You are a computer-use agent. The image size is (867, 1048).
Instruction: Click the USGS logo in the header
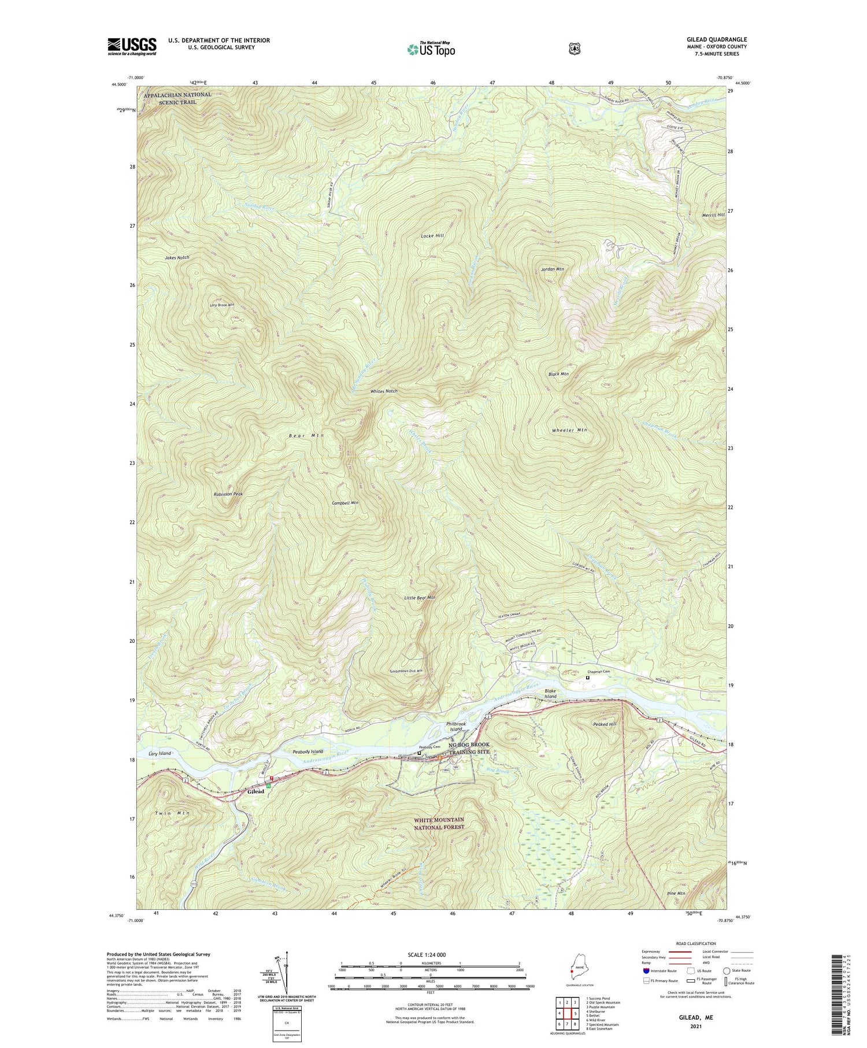pyautogui.click(x=132, y=46)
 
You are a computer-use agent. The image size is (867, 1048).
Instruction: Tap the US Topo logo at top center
pyautogui.click(x=431, y=49)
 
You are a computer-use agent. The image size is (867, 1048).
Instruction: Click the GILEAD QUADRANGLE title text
pyautogui.click(x=714, y=39)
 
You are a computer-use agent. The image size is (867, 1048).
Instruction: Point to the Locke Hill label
pyautogui.click(x=432, y=236)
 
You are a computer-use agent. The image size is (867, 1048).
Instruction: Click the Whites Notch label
pyautogui.click(x=384, y=391)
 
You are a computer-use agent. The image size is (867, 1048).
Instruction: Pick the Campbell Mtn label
pyautogui.click(x=345, y=503)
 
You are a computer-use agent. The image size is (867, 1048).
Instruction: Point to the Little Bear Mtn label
pyautogui.click(x=420, y=598)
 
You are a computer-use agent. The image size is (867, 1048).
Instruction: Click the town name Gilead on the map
pyautogui.click(x=256, y=791)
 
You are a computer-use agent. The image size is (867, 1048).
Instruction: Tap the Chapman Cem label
pyautogui.click(x=599, y=672)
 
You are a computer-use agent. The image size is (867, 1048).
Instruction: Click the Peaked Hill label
pyautogui.click(x=605, y=724)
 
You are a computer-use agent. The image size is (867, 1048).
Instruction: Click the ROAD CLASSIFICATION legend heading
pyautogui.click(x=692, y=943)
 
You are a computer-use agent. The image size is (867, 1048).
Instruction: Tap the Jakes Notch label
pyautogui.click(x=177, y=257)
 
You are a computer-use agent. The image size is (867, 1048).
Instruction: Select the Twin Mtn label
pyautogui.click(x=172, y=813)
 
